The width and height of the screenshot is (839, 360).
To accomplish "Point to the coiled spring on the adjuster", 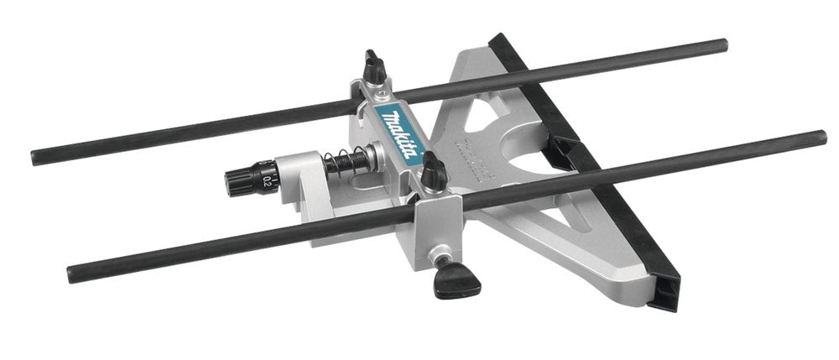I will (347, 161).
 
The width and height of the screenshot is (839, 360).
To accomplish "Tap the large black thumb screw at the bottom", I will (456, 279).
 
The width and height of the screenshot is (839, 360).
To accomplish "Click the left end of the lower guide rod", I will (72, 273).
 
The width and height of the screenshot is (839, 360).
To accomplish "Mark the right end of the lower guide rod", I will (821, 137).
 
